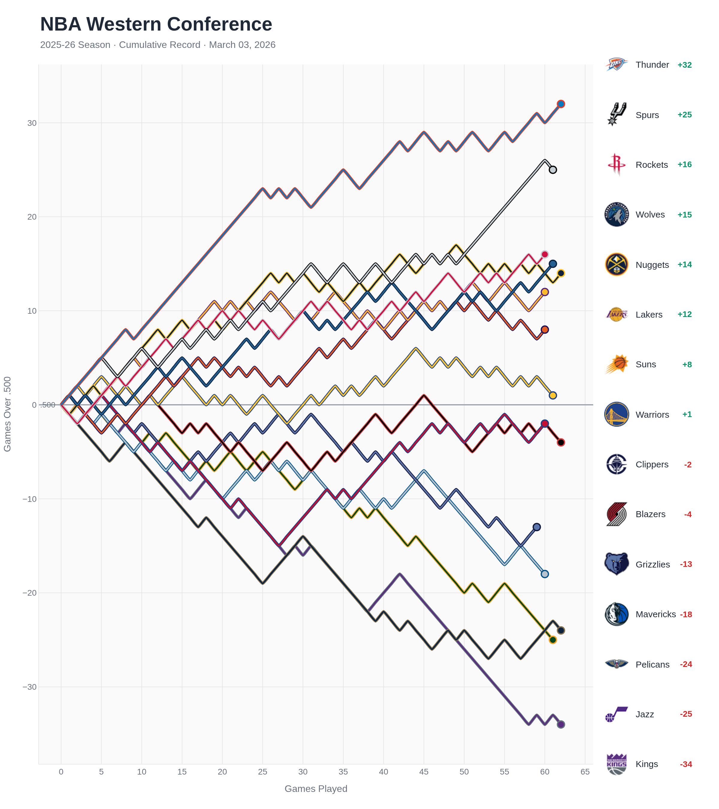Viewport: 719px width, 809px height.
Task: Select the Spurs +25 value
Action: click(x=684, y=115)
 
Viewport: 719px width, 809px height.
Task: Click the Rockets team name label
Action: click(x=651, y=165)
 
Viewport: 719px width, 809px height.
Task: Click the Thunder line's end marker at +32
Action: click(x=561, y=104)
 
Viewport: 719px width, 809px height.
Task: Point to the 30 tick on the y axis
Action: click(x=32, y=123)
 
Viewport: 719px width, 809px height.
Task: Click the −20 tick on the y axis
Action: click(x=30, y=593)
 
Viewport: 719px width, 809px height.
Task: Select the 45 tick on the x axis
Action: click(x=424, y=772)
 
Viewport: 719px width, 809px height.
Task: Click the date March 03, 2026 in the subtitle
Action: click(x=242, y=45)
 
